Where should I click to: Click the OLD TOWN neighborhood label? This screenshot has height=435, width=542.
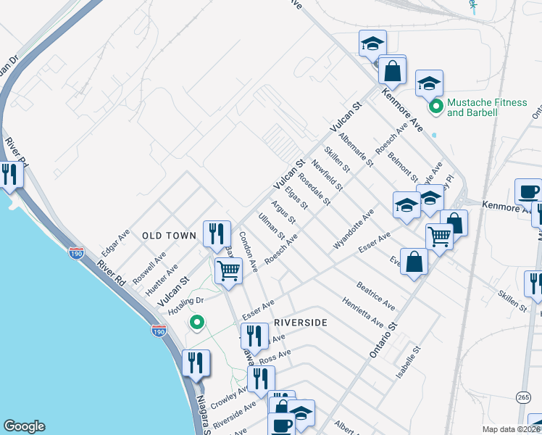(x=169, y=236)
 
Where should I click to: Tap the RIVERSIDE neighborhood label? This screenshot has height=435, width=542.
(x=301, y=322)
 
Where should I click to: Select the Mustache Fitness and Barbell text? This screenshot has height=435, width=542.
(x=487, y=107)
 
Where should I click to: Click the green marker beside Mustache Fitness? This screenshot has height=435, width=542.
(x=436, y=107)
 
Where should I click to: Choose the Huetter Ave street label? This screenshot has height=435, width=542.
(x=162, y=279)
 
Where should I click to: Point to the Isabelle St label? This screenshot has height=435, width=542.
(x=408, y=363)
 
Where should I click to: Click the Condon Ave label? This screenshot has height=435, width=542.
(x=249, y=251)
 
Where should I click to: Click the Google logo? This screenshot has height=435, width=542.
(x=24, y=426)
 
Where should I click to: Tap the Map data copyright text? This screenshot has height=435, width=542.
(x=512, y=429)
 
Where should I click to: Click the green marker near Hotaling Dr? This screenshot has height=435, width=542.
(x=196, y=323)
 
